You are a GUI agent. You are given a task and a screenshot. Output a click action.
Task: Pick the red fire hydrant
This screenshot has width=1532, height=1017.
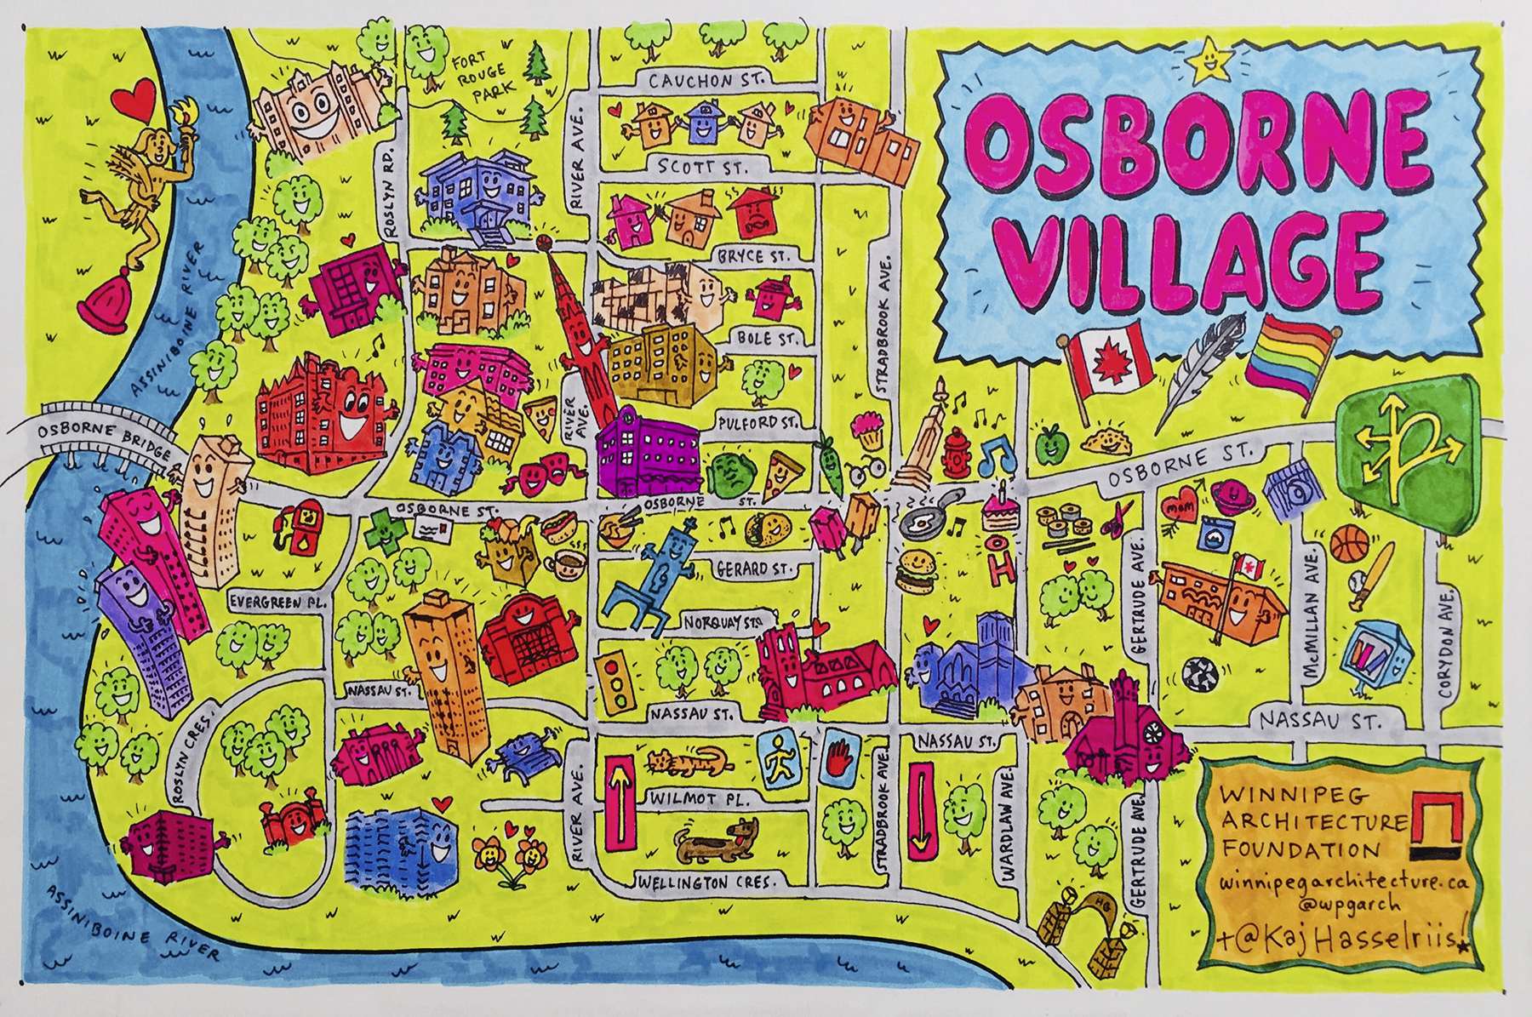coord(955,460)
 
